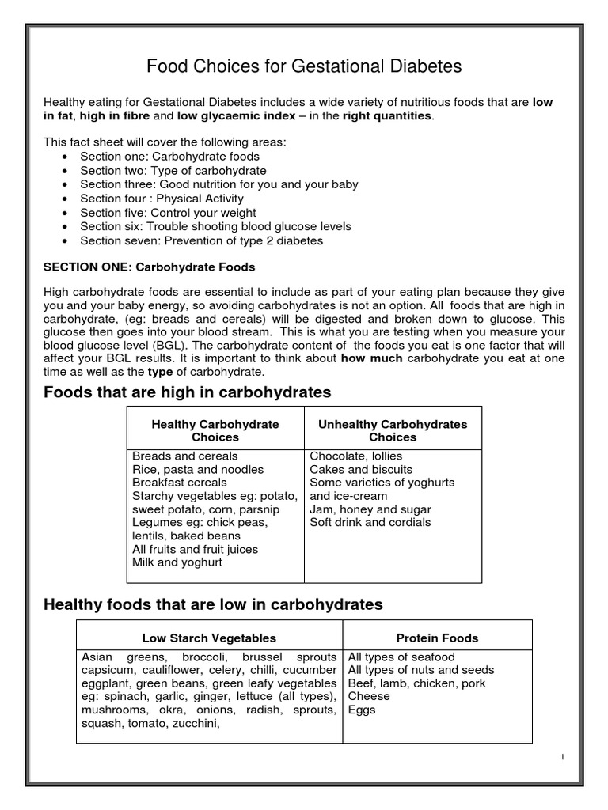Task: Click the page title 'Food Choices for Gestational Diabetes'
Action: tap(304, 67)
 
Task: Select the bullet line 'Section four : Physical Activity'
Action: tap(161, 199)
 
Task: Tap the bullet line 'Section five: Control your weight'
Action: tap(168, 213)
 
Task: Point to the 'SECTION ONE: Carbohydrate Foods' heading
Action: tap(149, 267)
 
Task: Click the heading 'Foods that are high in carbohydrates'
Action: tap(187, 392)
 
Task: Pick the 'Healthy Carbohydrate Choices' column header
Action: tap(215, 430)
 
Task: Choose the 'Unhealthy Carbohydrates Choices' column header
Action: tap(393, 430)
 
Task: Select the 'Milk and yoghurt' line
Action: tap(177, 562)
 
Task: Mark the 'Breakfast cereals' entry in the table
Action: tap(180, 483)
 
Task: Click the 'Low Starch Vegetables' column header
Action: tap(209, 638)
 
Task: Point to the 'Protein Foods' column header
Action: tap(437, 638)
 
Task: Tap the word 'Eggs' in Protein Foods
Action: tap(362, 710)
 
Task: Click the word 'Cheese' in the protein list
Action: tap(369, 696)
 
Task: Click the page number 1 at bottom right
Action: tap(562, 757)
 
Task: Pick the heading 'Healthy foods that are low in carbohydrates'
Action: tap(212, 604)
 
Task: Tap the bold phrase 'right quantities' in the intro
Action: tap(388, 116)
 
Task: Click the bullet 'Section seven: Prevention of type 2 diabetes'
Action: tap(201, 240)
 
